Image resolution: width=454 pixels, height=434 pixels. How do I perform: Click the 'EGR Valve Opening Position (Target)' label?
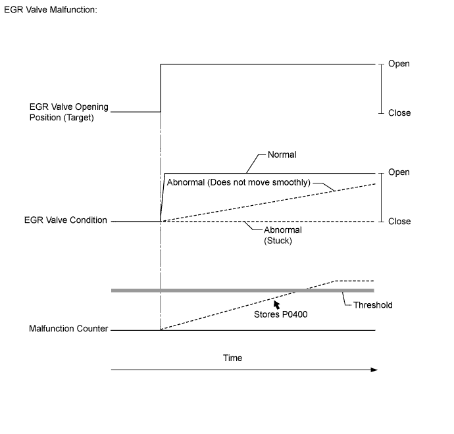tap(68, 112)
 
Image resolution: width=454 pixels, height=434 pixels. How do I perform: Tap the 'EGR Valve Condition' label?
tap(64, 220)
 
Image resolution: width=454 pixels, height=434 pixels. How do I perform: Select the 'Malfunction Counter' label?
tap(68, 329)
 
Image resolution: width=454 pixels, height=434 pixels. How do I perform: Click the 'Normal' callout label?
tap(282, 155)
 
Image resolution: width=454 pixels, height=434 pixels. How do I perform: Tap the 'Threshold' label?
tap(373, 305)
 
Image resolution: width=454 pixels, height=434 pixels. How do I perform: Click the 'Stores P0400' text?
tap(281, 314)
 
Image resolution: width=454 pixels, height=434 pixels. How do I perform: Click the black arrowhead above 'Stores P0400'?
tap(277, 304)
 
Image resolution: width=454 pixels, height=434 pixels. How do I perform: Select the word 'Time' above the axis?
tap(233, 358)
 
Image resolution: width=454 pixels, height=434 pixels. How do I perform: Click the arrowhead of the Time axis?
tap(374, 370)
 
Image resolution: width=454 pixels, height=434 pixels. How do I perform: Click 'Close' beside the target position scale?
tap(399, 113)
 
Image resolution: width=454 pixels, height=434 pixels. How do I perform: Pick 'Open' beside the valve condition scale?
tap(399, 172)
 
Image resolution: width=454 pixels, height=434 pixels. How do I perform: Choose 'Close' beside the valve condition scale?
tap(399, 222)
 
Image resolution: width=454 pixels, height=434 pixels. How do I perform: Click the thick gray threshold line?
tap(197, 290)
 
